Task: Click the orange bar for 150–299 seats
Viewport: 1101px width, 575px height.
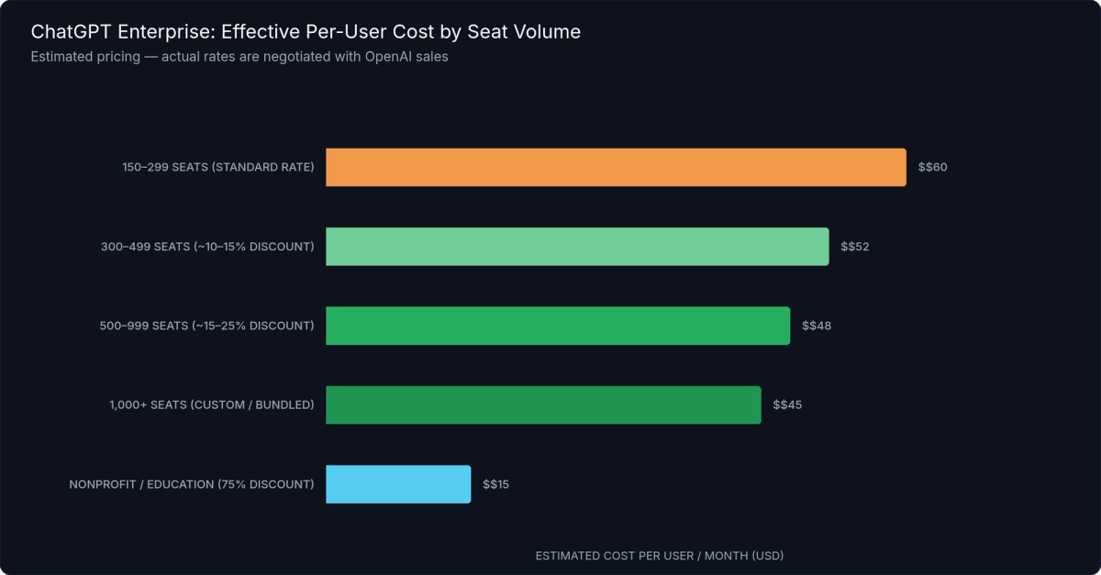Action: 616,168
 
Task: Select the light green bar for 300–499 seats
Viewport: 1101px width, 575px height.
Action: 577,247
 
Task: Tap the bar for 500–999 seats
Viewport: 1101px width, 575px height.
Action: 558,326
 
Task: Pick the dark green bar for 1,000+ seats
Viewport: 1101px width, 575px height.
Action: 543,404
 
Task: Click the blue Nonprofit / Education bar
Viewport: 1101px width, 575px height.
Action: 398,484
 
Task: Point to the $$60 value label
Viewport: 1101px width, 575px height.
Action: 932,168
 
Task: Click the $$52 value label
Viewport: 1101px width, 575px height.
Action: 854,247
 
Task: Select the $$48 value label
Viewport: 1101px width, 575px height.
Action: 817,326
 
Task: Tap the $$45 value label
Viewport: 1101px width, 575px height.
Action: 787,404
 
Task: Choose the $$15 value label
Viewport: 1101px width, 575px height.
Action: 495,484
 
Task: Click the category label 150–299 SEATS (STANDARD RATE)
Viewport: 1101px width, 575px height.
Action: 218,168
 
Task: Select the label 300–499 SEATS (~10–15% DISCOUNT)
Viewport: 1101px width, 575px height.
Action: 207,247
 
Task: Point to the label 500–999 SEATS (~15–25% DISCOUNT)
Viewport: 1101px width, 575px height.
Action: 206,326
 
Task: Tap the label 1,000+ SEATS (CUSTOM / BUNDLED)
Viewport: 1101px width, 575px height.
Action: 212,404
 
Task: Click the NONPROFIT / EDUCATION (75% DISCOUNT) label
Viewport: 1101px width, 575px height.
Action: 192,484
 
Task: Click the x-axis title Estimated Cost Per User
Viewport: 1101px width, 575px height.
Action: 659,556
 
